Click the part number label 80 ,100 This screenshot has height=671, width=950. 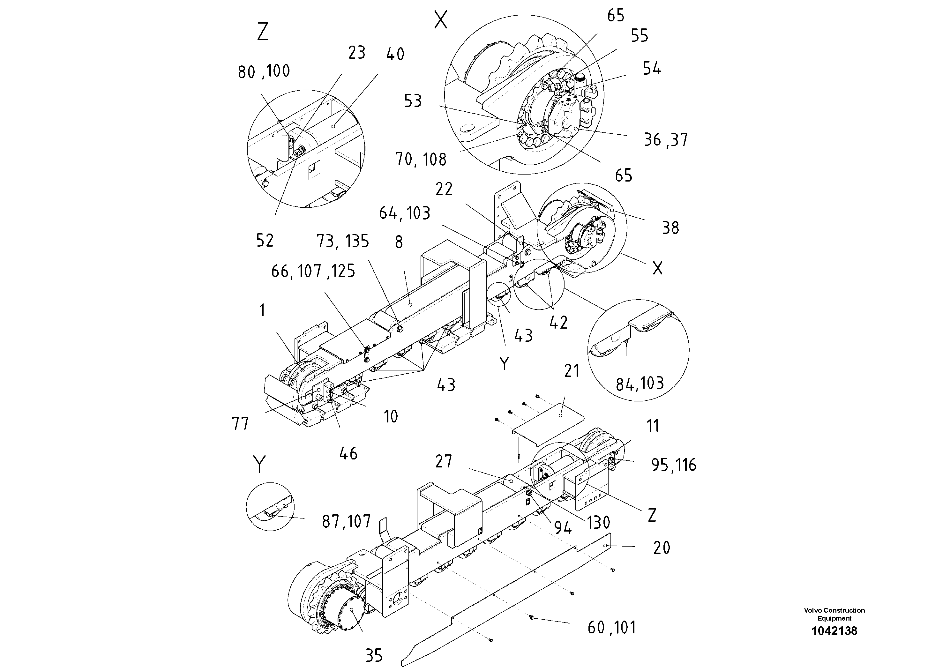[264, 71]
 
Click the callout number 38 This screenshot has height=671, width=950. [670, 228]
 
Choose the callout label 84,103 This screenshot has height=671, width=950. [640, 384]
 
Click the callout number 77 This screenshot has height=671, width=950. [240, 424]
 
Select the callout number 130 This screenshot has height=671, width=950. [598, 523]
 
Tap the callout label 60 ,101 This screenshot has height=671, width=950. [611, 628]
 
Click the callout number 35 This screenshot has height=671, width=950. [374, 655]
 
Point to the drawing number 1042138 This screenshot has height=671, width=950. [834, 631]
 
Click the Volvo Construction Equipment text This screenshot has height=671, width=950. [834, 614]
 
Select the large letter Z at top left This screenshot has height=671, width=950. [263, 32]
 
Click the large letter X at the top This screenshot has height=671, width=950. [441, 20]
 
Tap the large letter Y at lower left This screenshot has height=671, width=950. [259, 464]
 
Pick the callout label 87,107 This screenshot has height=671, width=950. [346, 522]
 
